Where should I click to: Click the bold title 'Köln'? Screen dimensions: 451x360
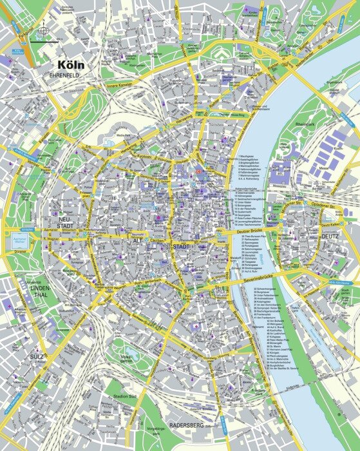point(75,65)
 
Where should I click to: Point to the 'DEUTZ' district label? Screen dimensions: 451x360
point(330,236)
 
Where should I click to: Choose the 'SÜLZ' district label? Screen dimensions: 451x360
point(37,356)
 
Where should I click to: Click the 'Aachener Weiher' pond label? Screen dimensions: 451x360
point(30,239)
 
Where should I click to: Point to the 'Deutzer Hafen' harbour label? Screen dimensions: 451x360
point(296,314)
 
